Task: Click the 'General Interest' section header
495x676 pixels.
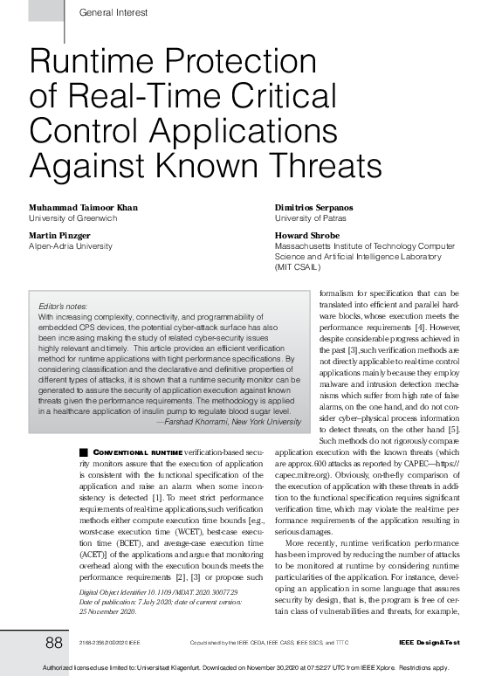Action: [113, 12]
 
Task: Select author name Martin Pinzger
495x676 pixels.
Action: [58, 236]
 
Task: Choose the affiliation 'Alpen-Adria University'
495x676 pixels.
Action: [71, 246]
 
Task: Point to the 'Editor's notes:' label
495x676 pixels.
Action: [64, 307]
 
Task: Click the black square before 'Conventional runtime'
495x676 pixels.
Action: [84, 451]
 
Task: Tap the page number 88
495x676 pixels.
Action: [54, 643]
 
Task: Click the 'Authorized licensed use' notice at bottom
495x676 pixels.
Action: [246, 668]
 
